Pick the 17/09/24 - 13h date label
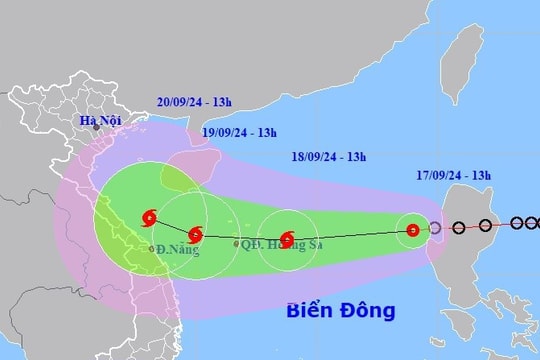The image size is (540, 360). pos(457,175)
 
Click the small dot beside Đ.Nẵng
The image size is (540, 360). pos(151,248)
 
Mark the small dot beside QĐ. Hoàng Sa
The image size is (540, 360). pos(236,243)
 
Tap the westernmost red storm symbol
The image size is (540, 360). pos(149,216)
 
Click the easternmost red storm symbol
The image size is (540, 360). pos(412,231)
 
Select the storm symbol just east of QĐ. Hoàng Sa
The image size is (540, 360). pos(287,239)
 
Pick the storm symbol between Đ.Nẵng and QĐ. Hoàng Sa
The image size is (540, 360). pos(195,235)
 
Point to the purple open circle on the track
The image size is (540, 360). pos(435,228)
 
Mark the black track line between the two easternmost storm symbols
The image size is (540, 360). pos(350,235)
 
